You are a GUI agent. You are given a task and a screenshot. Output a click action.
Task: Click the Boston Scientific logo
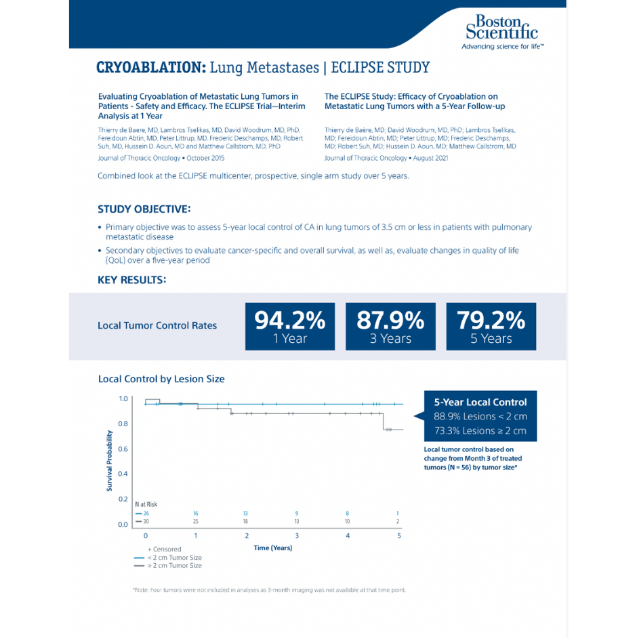click(x=502, y=30)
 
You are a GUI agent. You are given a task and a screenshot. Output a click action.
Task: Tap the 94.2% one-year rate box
click(x=290, y=326)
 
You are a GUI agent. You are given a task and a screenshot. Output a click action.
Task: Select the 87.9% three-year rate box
click(x=390, y=326)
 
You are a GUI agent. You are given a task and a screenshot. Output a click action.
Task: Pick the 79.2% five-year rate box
click(x=491, y=326)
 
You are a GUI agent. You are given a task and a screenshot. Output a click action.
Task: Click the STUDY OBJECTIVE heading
click(x=144, y=209)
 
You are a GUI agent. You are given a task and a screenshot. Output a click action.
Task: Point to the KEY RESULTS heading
click(x=131, y=279)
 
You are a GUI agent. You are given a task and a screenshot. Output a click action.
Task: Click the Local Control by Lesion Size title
click(x=161, y=379)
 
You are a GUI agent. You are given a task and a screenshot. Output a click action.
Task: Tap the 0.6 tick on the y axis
click(x=123, y=449)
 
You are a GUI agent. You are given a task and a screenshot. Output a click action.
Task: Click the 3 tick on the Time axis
click(x=297, y=536)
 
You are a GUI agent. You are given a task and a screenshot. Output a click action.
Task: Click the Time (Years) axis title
click(x=273, y=548)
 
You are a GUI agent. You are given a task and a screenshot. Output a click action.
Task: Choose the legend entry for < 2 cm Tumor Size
click(x=175, y=557)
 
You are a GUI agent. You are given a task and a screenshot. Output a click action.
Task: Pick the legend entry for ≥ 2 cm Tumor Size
click(x=175, y=565)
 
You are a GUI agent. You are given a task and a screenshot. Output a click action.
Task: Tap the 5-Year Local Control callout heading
click(x=480, y=402)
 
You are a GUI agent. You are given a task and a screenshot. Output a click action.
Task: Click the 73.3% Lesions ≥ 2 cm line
click(x=480, y=430)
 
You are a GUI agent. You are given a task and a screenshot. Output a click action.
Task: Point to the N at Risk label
click(x=146, y=504)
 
